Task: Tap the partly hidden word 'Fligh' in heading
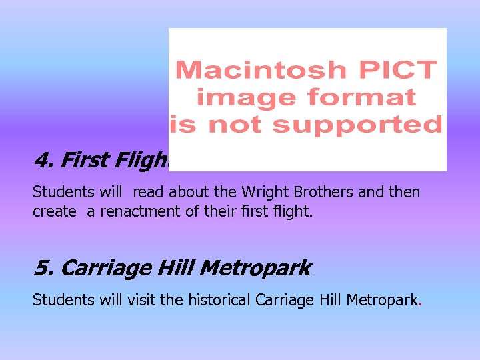pyautogui.click(x=140, y=161)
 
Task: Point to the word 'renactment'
pyautogui.click(x=124, y=211)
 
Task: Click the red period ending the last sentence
pyautogui.click(x=420, y=304)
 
